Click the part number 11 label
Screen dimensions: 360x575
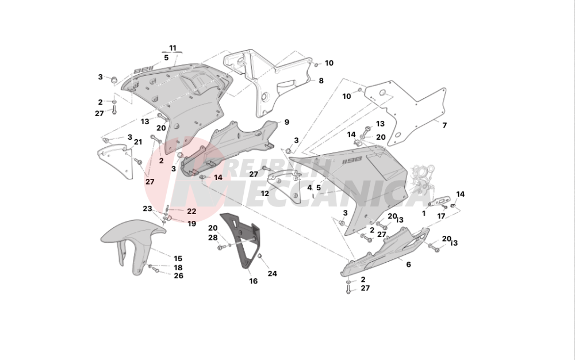(172, 47)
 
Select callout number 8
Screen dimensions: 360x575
(321, 81)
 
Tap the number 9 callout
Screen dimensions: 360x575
(286, 122)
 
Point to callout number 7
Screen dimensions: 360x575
(444, 124)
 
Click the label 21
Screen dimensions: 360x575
(138, 142)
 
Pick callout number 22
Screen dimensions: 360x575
(191, 211)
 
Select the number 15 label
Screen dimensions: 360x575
(178, 259)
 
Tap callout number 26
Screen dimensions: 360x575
(178, 276)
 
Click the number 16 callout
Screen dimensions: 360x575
(253, 281)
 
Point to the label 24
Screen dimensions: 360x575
(272, 274)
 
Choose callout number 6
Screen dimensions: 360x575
(408, 265)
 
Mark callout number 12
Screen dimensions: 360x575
(264, 194)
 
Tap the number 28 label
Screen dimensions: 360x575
(213, 238)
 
